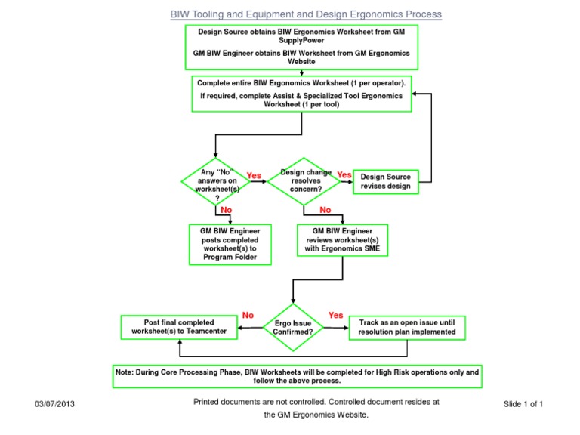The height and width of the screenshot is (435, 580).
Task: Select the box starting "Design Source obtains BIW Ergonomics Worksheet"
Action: [x=301, y=46]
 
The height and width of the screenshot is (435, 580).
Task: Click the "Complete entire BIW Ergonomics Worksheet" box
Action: [x=301, y=93]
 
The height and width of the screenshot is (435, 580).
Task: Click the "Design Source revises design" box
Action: [x=385, y=181]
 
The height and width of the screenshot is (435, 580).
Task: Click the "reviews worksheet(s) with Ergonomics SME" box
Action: [x=343, y=240]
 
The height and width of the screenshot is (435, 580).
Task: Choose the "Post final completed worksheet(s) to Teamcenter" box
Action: [x=179, y=327]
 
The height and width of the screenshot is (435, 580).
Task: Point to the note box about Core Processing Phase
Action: [x=296, y=376]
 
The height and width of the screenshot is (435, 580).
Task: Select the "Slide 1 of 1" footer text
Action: [x=523, y=404]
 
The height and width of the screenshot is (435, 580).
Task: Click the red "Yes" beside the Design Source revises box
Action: [x=344, y=175]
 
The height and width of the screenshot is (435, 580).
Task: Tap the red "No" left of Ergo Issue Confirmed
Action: [x=247, y=315]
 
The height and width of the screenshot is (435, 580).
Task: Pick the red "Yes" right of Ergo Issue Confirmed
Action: [x=336, y=315]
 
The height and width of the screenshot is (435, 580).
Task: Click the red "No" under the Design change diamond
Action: [x=325, y=210]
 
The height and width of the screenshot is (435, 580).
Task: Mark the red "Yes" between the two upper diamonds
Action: [x=254, y=176]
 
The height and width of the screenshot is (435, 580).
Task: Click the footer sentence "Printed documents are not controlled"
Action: [x=316, y=402]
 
